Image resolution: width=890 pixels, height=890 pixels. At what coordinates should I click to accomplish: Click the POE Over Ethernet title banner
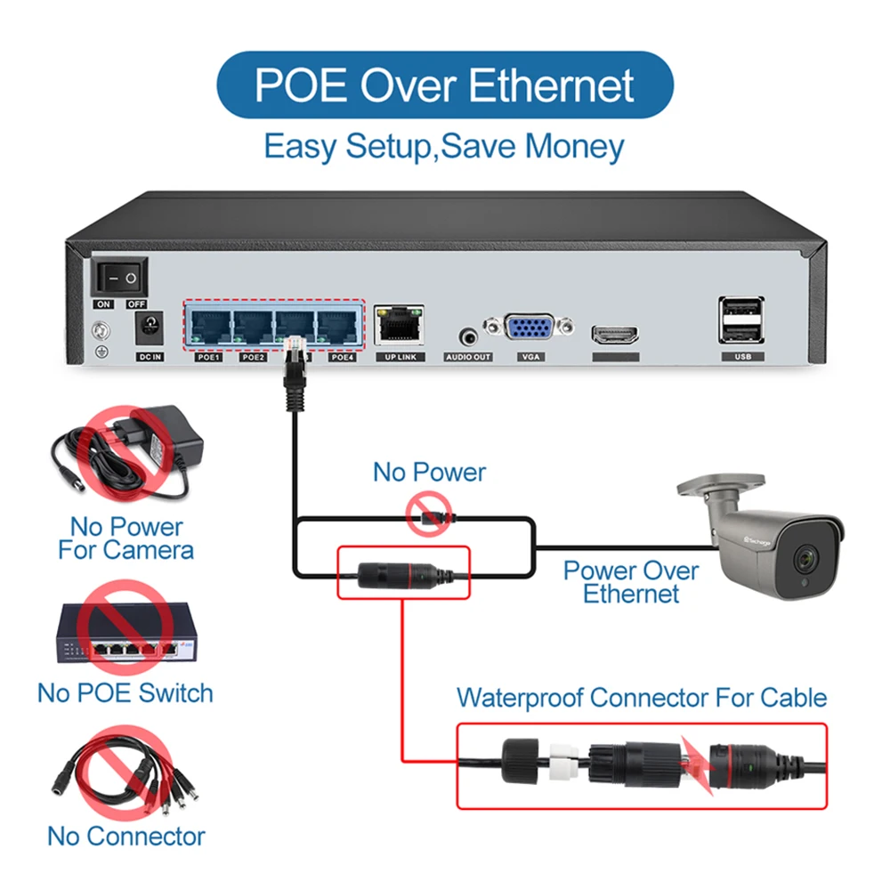point(445,85)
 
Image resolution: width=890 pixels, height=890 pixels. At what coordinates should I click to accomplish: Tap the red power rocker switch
point(121,278)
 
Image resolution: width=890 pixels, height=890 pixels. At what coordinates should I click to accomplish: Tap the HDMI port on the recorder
point(615,336)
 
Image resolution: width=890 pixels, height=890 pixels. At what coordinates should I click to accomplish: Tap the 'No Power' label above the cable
point(429,472)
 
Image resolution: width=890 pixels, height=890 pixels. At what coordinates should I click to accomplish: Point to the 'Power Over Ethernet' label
point(631,582)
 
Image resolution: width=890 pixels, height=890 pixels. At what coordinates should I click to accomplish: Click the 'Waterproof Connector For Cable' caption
point(642,697)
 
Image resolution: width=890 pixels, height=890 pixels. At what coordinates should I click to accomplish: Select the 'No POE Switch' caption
point(125,692)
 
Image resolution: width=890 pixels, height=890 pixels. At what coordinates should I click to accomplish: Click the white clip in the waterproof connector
point(560,764)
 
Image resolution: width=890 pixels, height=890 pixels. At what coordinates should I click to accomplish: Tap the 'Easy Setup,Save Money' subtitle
point(444,146)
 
